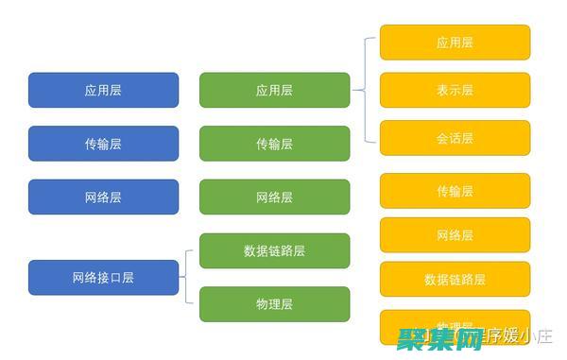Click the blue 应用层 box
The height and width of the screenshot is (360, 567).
[103, 90]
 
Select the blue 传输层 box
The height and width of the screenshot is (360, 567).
[103, 144]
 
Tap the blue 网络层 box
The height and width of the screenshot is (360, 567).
[103, 197]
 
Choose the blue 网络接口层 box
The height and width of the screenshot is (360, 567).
[103, 277]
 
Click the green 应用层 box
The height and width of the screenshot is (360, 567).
[274, 90]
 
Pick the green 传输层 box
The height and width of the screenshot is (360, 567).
[274, 144]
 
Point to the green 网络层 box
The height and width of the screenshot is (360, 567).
[274, 197]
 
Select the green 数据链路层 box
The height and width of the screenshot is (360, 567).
[274, 250]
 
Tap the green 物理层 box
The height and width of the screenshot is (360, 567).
[274, 303]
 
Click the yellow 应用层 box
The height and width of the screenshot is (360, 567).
[455, 43]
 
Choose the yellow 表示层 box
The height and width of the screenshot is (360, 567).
[455, 90]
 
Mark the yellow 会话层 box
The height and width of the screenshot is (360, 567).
[455, 138]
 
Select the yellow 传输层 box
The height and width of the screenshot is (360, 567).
[455, 191]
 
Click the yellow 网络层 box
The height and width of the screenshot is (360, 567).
[455, 234]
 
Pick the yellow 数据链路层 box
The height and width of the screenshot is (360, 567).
[455, 279]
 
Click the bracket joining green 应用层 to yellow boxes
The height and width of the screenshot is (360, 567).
[365, 90]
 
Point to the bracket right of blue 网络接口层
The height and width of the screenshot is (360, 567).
[189, 277]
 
